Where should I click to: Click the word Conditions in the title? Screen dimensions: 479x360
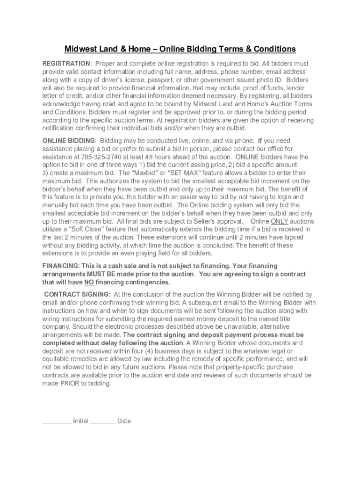(272, 49)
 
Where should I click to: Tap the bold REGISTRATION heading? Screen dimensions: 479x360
(66, 64)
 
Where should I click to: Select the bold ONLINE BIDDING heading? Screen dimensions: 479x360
(69, 141)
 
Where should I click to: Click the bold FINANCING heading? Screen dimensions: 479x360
(60, 266)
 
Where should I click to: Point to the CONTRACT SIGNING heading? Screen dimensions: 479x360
(77, 295)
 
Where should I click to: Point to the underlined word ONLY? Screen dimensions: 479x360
(280, 221)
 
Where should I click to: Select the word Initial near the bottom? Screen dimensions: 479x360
(80, 421)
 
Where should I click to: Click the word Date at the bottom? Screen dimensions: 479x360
(124, 421)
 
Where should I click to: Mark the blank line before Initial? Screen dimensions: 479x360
(57, 422)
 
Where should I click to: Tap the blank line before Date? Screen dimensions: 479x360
(102, 422)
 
